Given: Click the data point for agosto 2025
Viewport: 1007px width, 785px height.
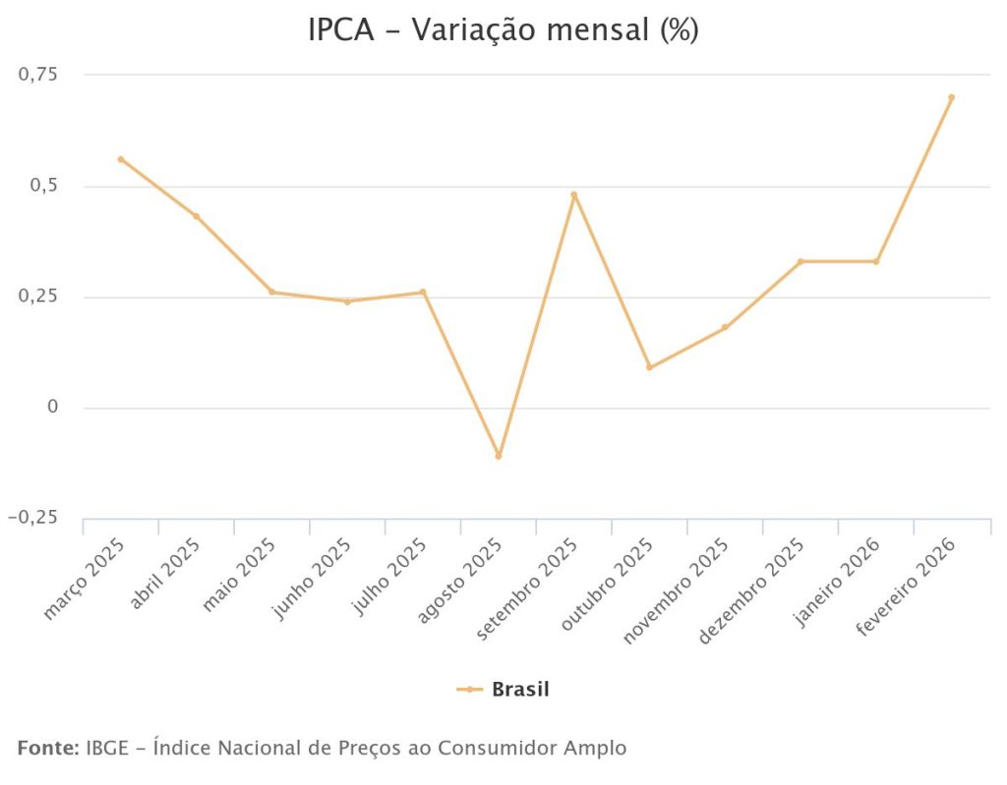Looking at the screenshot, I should [x=499, y=456].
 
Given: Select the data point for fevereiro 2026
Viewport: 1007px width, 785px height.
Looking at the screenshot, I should [x=951, y=97].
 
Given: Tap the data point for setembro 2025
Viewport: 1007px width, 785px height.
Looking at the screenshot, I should [x=574, y=195].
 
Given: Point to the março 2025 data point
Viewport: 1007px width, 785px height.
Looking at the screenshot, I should [x=121, y=159].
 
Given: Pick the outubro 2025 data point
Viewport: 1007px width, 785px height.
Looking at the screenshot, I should [x=649, y=367].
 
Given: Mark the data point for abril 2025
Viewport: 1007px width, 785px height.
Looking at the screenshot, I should [x=197, y=216].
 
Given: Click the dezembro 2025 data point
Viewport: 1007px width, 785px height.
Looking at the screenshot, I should [x=800, y=261].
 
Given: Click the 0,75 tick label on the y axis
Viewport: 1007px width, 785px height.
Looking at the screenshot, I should [x=39, y=75].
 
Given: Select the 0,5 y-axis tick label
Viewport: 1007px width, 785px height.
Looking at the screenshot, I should [x=45, y=186].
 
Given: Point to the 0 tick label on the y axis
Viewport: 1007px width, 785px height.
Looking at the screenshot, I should [x=54, y=407].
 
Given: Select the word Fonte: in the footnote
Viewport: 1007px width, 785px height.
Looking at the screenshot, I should [x=48, y=748].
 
